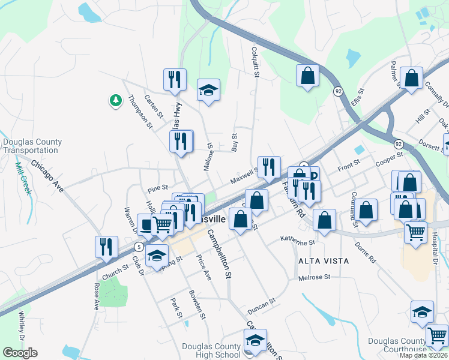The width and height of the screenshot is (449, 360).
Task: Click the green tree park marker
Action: point(115,100)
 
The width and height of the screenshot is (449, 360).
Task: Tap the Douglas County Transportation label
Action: point(32,146)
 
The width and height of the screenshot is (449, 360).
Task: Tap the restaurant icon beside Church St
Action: point(106,247)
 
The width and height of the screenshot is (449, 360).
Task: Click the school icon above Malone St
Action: point(208,91)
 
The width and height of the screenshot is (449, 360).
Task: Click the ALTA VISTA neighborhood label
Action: point(324,261)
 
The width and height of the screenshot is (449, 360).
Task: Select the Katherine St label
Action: point(298,241)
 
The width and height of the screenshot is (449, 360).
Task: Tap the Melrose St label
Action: point(314,278)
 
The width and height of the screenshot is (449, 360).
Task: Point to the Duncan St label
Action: point(261,306)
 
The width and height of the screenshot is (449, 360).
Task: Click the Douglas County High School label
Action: point(211,350)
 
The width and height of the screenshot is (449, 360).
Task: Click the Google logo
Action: point(20,353)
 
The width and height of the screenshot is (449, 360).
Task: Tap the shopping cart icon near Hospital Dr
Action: point(415,231)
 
